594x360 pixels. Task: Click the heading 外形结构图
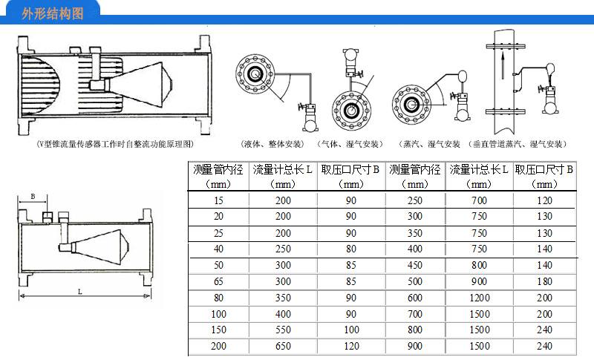click(x=52, y=13)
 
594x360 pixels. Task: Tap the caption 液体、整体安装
click(x=272, y=144)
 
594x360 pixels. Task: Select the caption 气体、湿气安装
click(x=350, y=144)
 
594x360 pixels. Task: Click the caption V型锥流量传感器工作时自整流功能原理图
click(x=115, y=144)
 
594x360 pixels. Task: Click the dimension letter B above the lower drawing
click(x=33, y=197)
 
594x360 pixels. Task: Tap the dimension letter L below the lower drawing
click(x=80, y=292)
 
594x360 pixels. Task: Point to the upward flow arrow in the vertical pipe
click(x=503, y=66)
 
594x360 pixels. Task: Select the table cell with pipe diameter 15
click(x=218, y=200)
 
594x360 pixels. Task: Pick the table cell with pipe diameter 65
click(x=218, y=281)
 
